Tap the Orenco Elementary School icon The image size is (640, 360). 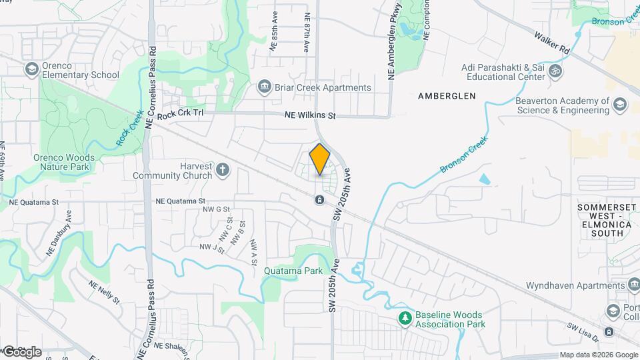coord(31,69)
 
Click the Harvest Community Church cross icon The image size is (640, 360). coord(223,171)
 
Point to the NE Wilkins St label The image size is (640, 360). coord(310,115)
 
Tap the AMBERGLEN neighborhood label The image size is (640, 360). coord(447,96)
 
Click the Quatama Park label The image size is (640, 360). coord(293,271)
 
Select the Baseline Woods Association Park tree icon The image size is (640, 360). coord(403,319)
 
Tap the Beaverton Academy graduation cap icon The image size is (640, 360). coord(620,105)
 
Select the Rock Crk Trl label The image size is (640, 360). coord(180,114)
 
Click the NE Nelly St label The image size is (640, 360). coord(104,291)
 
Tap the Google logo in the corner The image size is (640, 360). coord(22,351)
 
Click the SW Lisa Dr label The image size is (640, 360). coord(581,328)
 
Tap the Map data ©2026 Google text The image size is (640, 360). coord(598,355)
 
